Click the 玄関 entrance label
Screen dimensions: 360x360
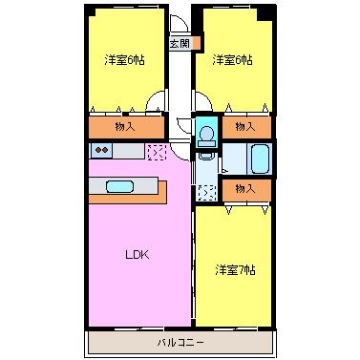click(180, 43)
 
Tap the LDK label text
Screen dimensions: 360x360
click(137, 255)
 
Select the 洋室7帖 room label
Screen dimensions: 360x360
click(235, 270)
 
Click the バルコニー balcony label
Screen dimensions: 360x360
click(180, 343)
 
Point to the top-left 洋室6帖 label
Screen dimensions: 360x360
click(124, 60)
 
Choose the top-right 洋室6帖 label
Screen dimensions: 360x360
click(232, 60)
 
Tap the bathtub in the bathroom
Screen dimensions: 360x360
click(261, 159)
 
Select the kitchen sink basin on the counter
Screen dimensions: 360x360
click(119, 186)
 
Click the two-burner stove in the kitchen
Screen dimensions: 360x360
click(101, 150)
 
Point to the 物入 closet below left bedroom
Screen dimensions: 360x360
click(126, 127)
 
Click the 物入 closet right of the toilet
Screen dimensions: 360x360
click(246, 127)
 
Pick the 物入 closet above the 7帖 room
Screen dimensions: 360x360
click(246, 190)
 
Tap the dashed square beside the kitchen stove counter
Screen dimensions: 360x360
click(157, 152)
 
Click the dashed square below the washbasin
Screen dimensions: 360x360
click(207, 193)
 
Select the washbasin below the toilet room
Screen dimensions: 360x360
click(206, 156)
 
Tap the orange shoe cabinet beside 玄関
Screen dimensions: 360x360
click(196, 43)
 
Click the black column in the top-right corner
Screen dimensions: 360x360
click(265, 13)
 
